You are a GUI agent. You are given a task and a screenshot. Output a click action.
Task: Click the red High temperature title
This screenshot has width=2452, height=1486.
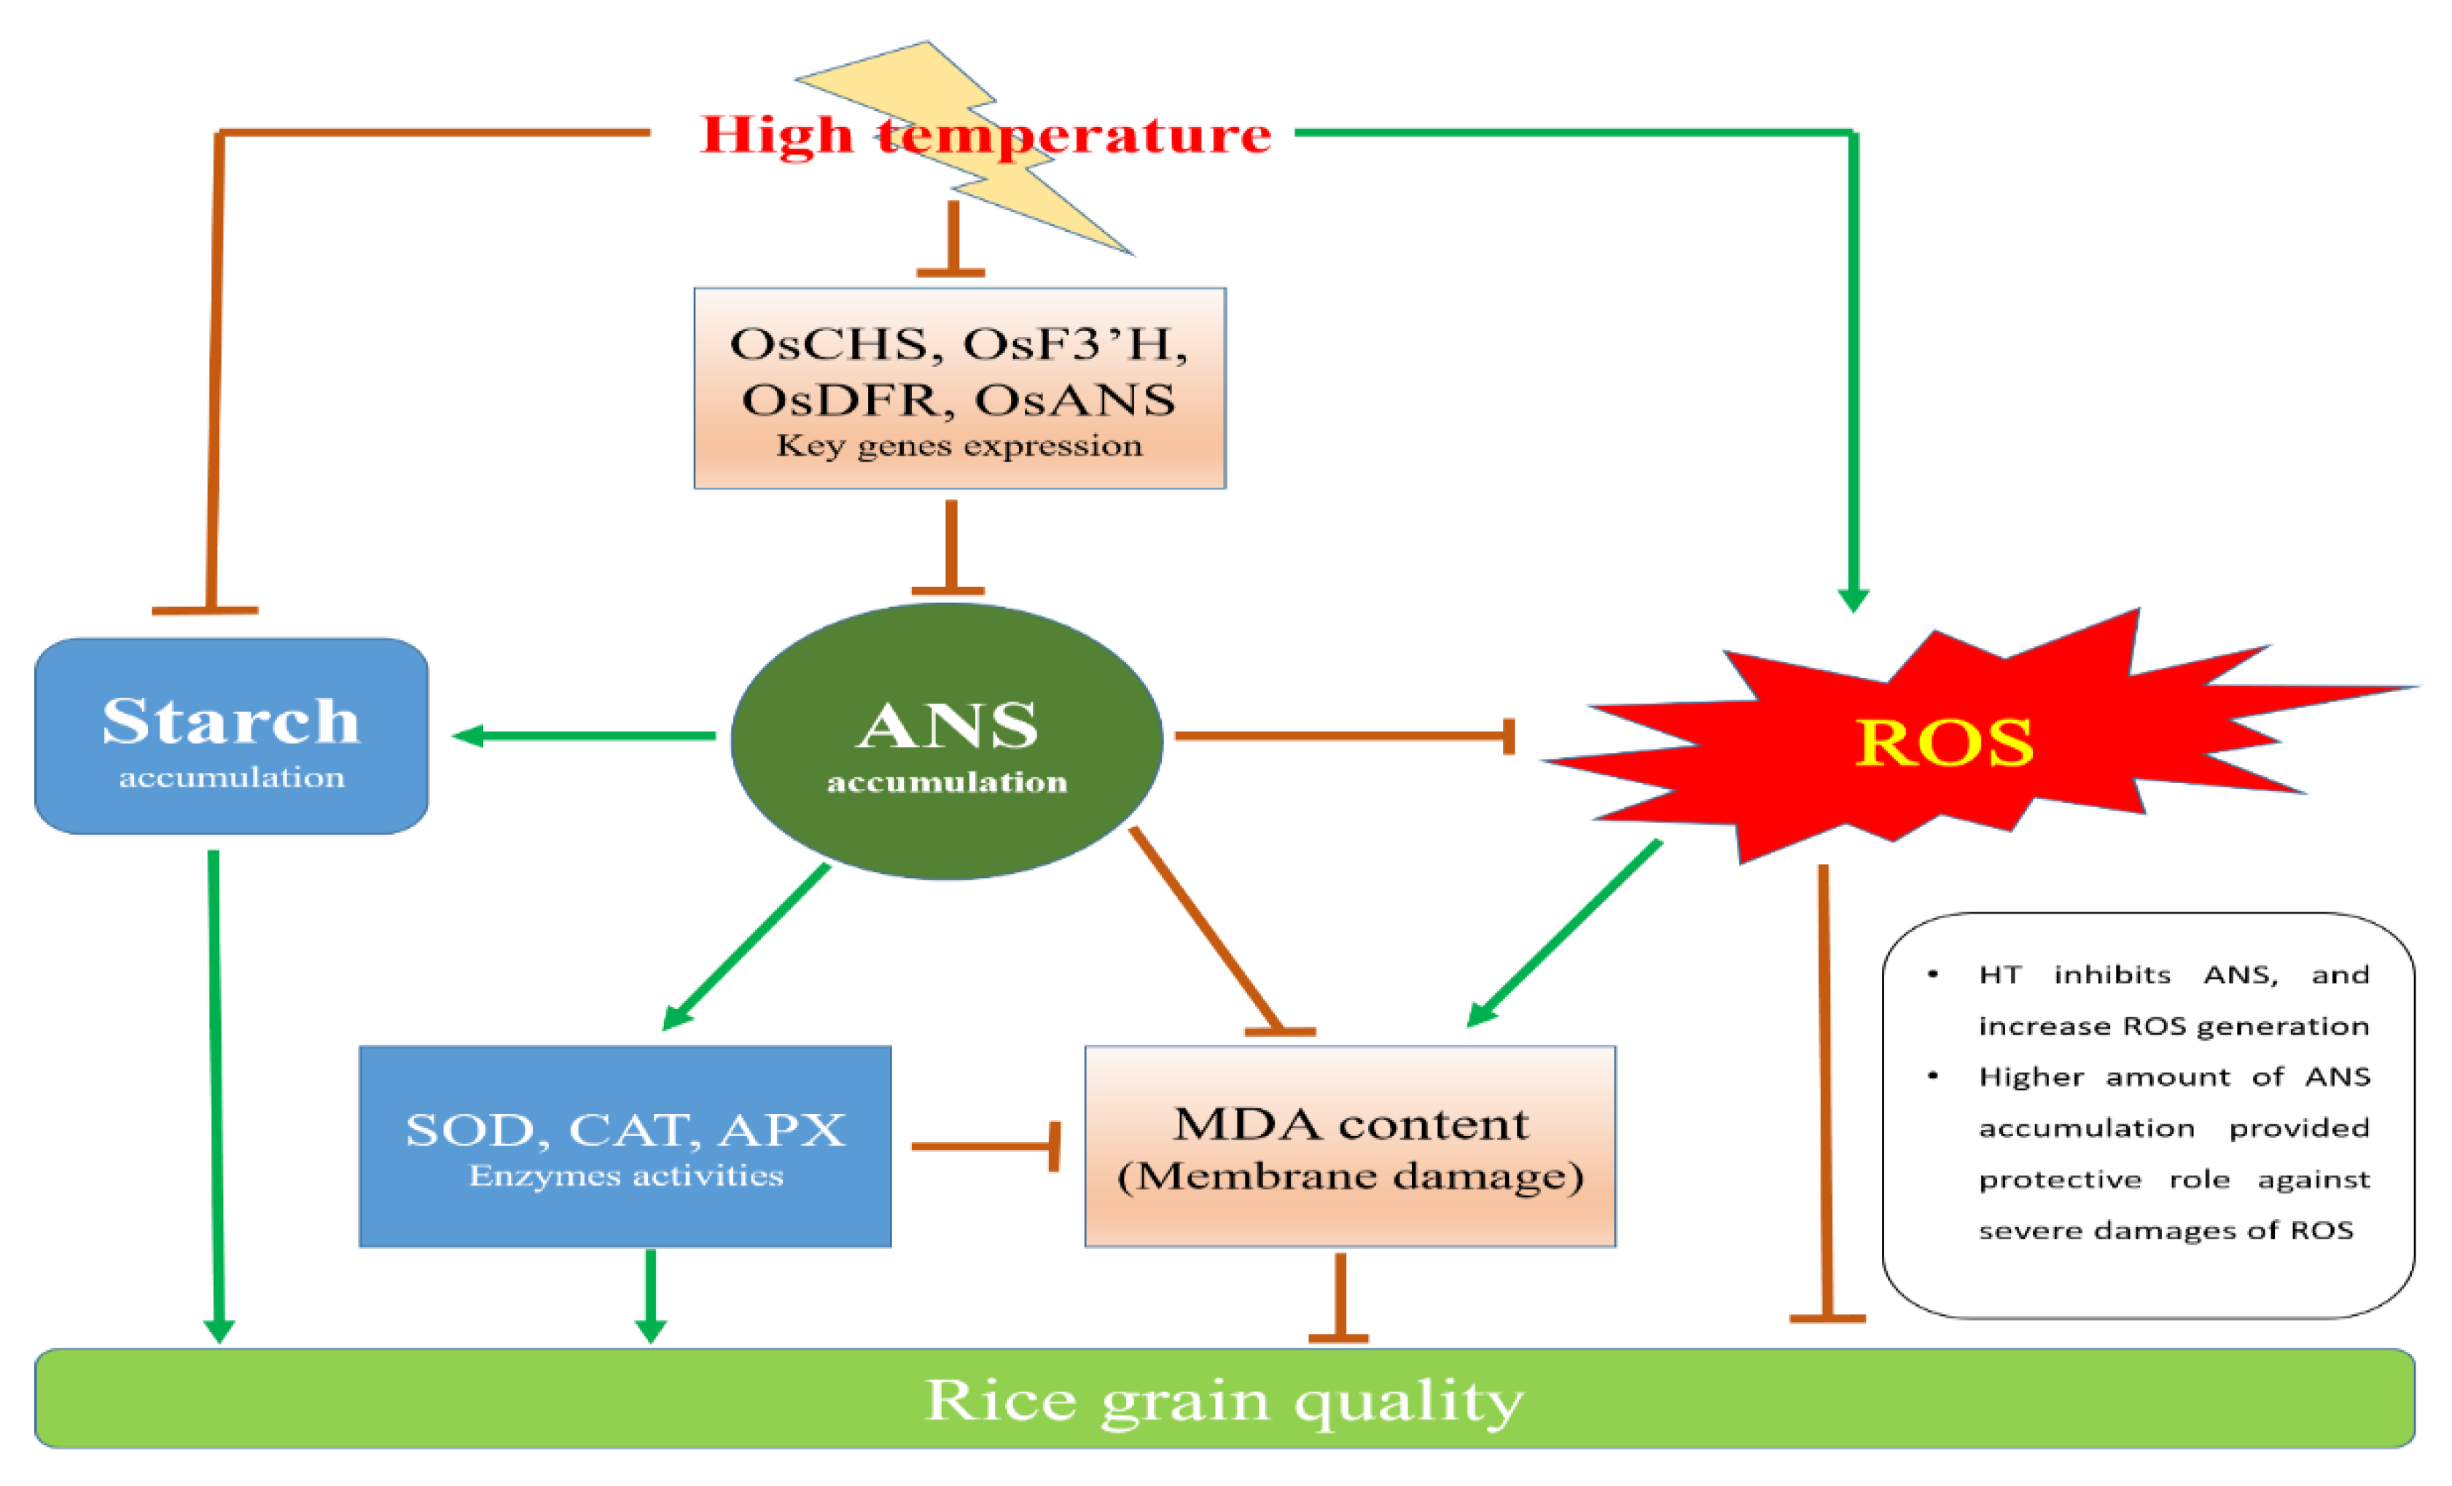(x=985, y=134)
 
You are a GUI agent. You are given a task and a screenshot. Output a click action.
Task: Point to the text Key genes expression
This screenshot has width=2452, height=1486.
(x=959, y=445)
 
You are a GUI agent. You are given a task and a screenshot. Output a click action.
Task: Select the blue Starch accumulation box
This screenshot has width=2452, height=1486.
(x=231, y=736)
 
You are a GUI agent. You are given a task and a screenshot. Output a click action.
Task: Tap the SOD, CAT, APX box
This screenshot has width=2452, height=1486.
(x=625, y=1145)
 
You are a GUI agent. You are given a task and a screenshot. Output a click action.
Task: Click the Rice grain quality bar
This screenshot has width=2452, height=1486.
(x=1224, y=1399)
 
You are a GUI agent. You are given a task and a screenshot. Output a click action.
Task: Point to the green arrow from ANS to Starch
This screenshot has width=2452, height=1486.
(x=587, y=736)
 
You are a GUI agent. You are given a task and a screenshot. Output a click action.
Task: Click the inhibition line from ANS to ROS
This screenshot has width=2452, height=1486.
(x=1343, y=736)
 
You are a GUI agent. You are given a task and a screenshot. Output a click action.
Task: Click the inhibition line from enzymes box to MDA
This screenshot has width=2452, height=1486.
(x=985, y=1145)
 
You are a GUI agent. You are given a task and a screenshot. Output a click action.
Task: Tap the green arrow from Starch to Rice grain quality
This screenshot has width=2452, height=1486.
(x=216, y=1095)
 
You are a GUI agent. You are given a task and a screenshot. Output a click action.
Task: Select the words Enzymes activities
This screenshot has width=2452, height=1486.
(x=626, y=1175)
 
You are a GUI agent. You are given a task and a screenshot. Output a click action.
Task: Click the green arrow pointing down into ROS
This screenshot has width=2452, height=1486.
(x=1853, y=378)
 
